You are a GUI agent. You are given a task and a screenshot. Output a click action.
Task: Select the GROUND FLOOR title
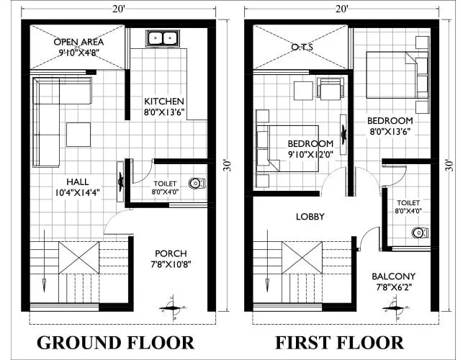pyautogui.click(x=115, y=341)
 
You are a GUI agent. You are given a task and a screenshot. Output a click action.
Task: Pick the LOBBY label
pyautogui.click(x=310, y=217)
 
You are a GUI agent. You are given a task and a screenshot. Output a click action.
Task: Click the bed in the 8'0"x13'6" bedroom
pyautogui.click(x=393, y=74)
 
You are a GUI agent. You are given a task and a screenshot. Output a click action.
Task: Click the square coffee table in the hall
pyautogui.click(x=78, y=133)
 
